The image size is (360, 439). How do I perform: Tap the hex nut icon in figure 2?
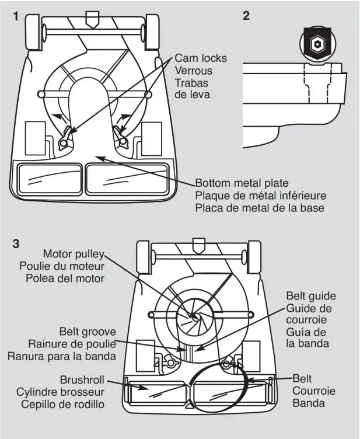tap(319, 45)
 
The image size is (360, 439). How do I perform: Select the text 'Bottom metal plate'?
tap(242, 184)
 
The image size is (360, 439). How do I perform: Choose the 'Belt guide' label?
tap(310, 296)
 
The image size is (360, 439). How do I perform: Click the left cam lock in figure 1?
tap(67, 138)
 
